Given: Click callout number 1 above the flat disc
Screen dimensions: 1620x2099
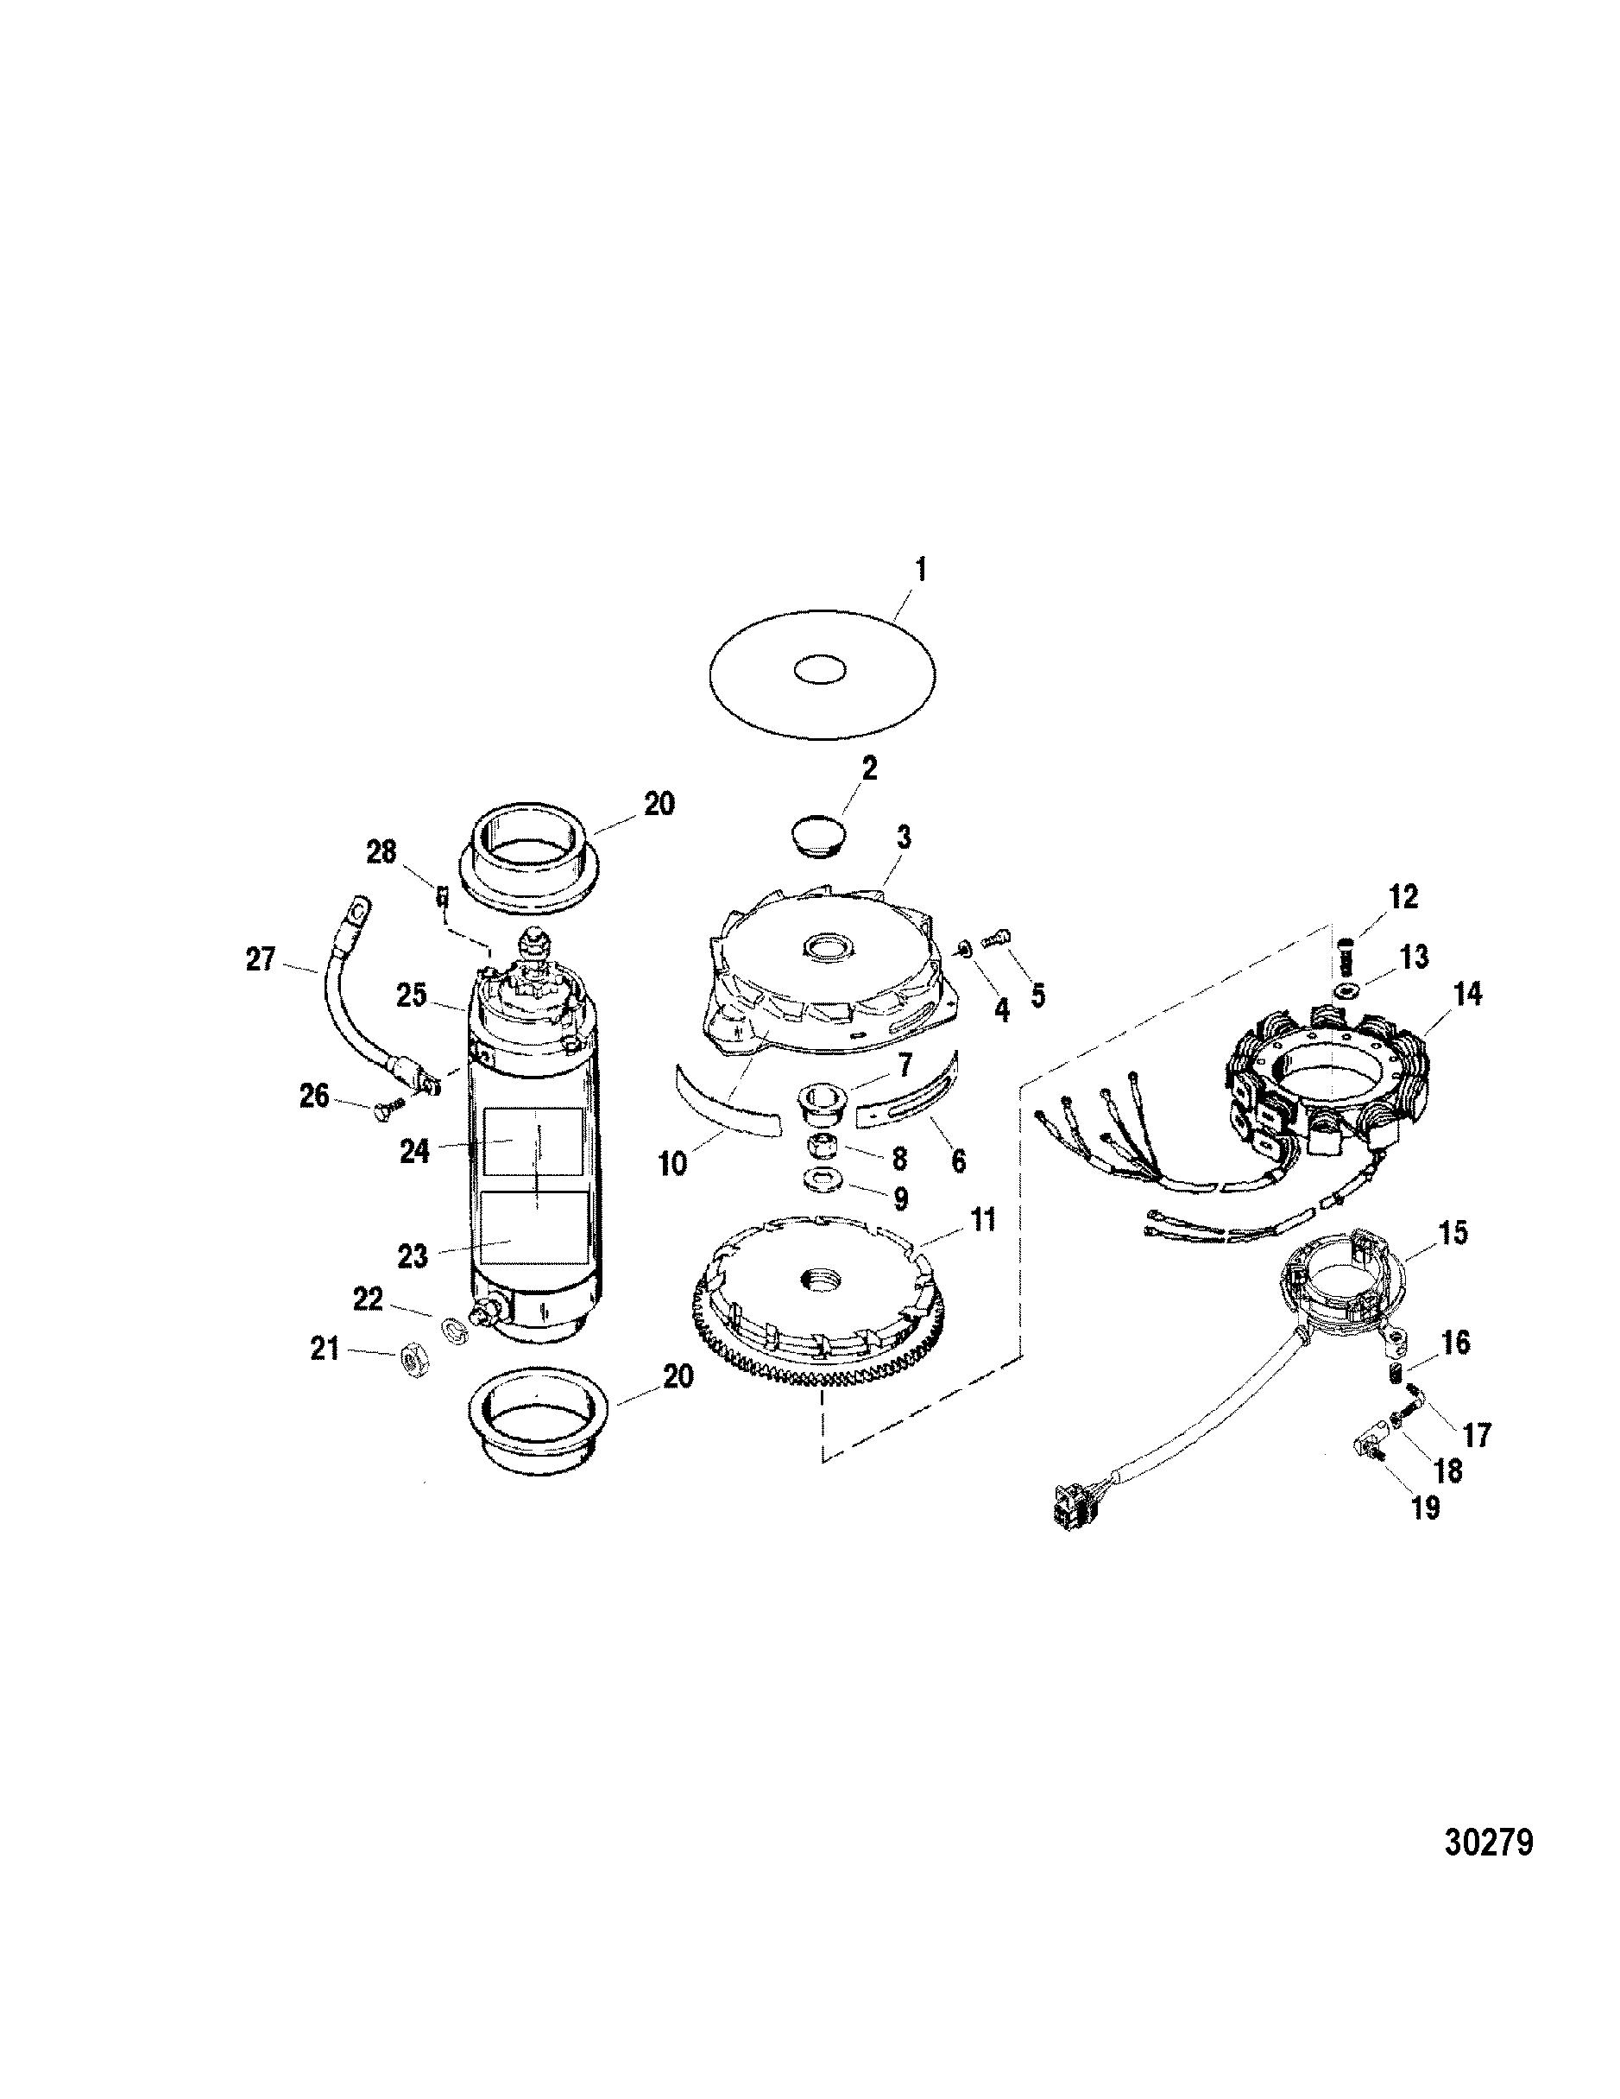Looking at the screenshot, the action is [921, 570].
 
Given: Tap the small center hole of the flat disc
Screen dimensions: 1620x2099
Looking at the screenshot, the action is [820, 670].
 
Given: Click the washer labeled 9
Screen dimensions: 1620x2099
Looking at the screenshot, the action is [824, 1183].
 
